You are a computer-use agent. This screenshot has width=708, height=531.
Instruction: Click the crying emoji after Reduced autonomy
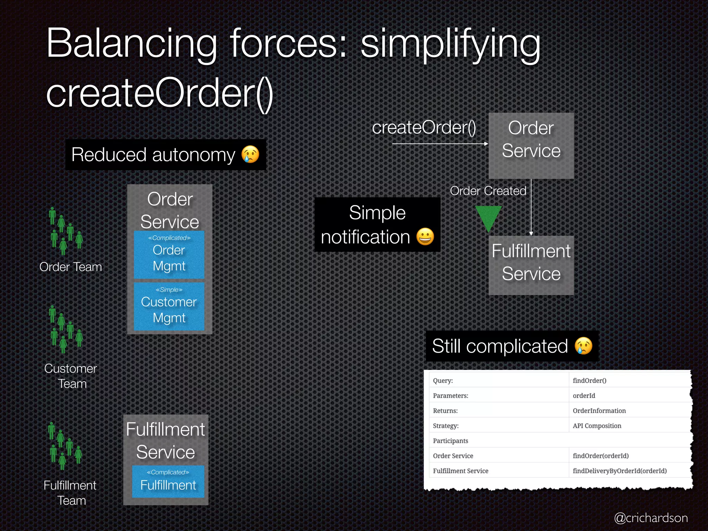tap(250, 154)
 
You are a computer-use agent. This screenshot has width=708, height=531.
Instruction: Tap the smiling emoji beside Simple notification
tap(425, 237)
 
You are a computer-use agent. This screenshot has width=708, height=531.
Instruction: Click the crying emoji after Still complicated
tap(583, 346)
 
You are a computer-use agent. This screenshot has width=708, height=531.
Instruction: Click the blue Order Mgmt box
tap(169, 255)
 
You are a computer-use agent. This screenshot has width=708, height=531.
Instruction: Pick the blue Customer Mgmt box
tap(169, 307)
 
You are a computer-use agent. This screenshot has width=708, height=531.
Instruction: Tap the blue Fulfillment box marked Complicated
tap(168, 482)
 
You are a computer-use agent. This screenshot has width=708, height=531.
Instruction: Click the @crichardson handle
tap(651, 518)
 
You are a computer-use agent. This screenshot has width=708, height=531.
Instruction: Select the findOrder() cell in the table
tap(589, 381)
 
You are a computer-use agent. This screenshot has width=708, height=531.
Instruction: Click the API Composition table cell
tap(597, 426)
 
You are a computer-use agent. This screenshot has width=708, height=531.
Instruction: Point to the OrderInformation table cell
tap(599, 411)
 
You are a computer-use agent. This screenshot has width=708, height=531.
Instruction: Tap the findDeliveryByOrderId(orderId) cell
tap(619, 471)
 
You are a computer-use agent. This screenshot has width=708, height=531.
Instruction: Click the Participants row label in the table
tap(450, 441)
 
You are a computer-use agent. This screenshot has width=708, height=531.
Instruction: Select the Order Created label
tap(488, 191)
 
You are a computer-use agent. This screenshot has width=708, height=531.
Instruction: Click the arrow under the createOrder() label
tap(440, 143)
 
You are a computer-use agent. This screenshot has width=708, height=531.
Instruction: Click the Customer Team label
tap(71, 376)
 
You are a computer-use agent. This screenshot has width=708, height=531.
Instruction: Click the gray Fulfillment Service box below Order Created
tap(531, 265)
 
